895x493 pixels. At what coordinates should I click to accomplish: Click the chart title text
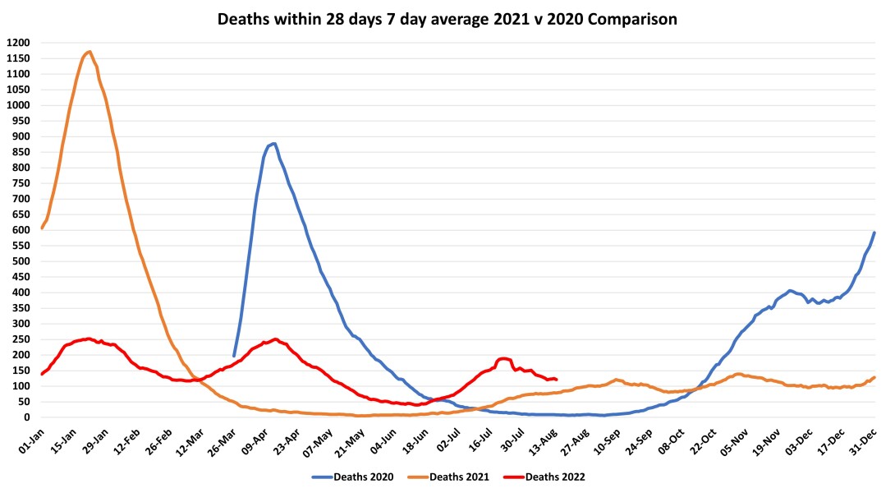click(447, 19)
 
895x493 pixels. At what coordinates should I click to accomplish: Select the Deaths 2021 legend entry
click(453, 476)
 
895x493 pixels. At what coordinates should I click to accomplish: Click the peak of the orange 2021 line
click(89, 52)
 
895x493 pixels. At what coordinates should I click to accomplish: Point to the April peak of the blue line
click(274, 144)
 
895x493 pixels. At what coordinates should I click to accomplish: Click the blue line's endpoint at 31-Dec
click(874, 233)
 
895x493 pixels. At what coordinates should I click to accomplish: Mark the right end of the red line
click(557, 380)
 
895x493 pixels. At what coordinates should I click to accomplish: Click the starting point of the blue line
click(234, 356)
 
